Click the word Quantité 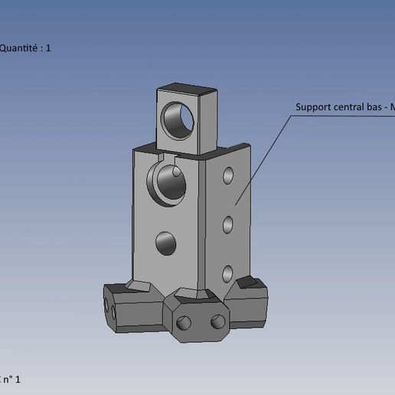tap(20, 48)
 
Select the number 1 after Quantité tap(49, 48)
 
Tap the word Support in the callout tap(315, 107)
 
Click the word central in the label tap(351, 107)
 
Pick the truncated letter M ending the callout tap(392, 107)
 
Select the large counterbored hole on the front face tap(167, 184)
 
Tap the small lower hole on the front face tap(166, 243)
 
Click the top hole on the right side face tap(228, 176)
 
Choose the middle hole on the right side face tap(228, 225)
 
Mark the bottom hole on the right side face tap(228, 273)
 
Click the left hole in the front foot tap(184, 323)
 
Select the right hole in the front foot tap(217, 320)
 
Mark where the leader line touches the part tap(237, 204)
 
